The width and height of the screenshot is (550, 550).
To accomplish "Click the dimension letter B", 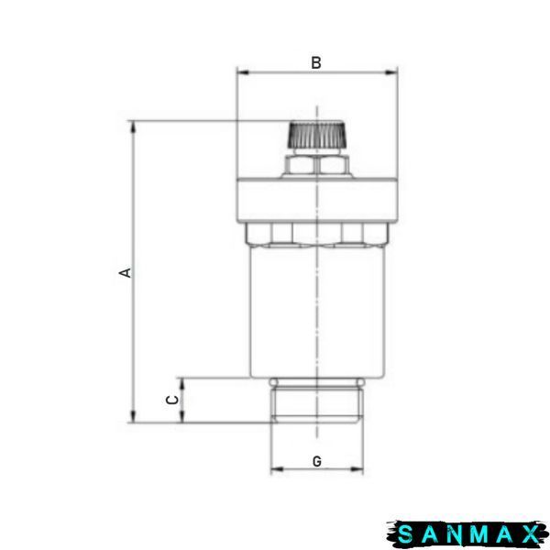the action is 316,62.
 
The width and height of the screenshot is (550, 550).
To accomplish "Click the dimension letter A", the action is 126,272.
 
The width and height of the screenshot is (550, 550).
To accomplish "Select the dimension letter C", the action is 172,400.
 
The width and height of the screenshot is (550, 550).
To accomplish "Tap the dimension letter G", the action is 317,461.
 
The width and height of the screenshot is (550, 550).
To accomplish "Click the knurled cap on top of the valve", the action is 317,135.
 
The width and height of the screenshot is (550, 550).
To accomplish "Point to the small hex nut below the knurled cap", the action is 317,165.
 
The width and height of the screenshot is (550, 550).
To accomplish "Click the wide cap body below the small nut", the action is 317,200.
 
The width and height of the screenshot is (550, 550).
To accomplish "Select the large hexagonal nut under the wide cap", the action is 317,235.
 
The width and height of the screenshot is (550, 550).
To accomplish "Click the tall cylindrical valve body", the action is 317,313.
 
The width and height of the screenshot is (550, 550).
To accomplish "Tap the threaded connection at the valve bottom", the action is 317,401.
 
